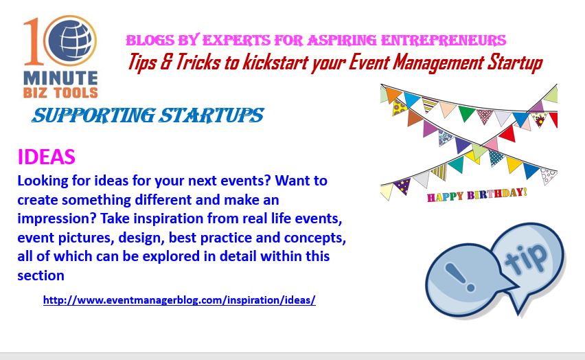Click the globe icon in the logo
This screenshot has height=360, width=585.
point(70,40)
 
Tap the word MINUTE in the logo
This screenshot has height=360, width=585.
point(60,78)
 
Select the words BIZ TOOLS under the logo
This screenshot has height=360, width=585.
point(60,93)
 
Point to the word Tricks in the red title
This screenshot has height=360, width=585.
point(198,62)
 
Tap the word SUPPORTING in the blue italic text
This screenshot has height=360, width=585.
point(93,115)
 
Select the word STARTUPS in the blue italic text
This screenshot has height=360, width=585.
point(211,115)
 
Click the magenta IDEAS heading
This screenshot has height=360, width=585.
point(46,157)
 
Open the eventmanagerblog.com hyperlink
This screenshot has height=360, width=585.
point(179,300)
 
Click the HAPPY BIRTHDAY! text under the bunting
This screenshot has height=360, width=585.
point(477,194)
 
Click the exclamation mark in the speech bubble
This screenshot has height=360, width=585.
point(460,277)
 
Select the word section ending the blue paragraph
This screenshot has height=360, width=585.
point(41,275)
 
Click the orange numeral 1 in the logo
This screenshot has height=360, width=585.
point(34,41)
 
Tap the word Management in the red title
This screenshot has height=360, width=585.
point(438,63)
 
